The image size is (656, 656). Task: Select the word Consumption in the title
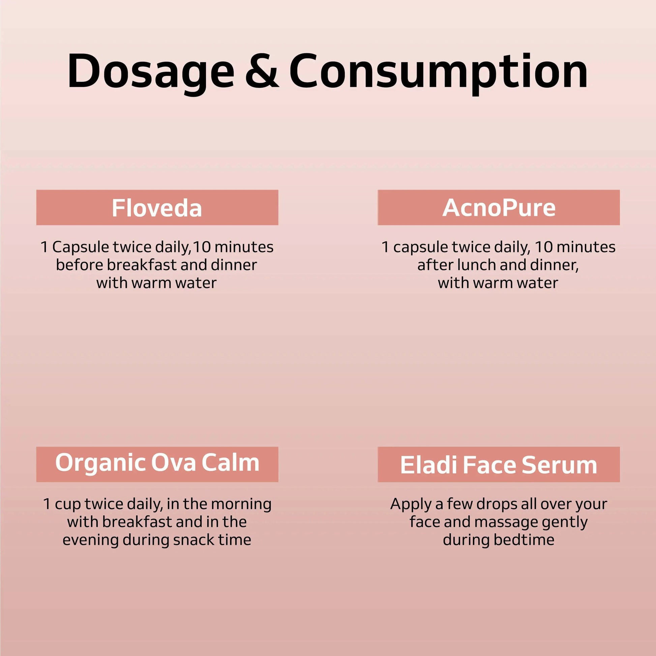coord(438,73)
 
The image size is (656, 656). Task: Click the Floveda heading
coord(157,208)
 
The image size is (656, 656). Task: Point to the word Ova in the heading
coord(173,463)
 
